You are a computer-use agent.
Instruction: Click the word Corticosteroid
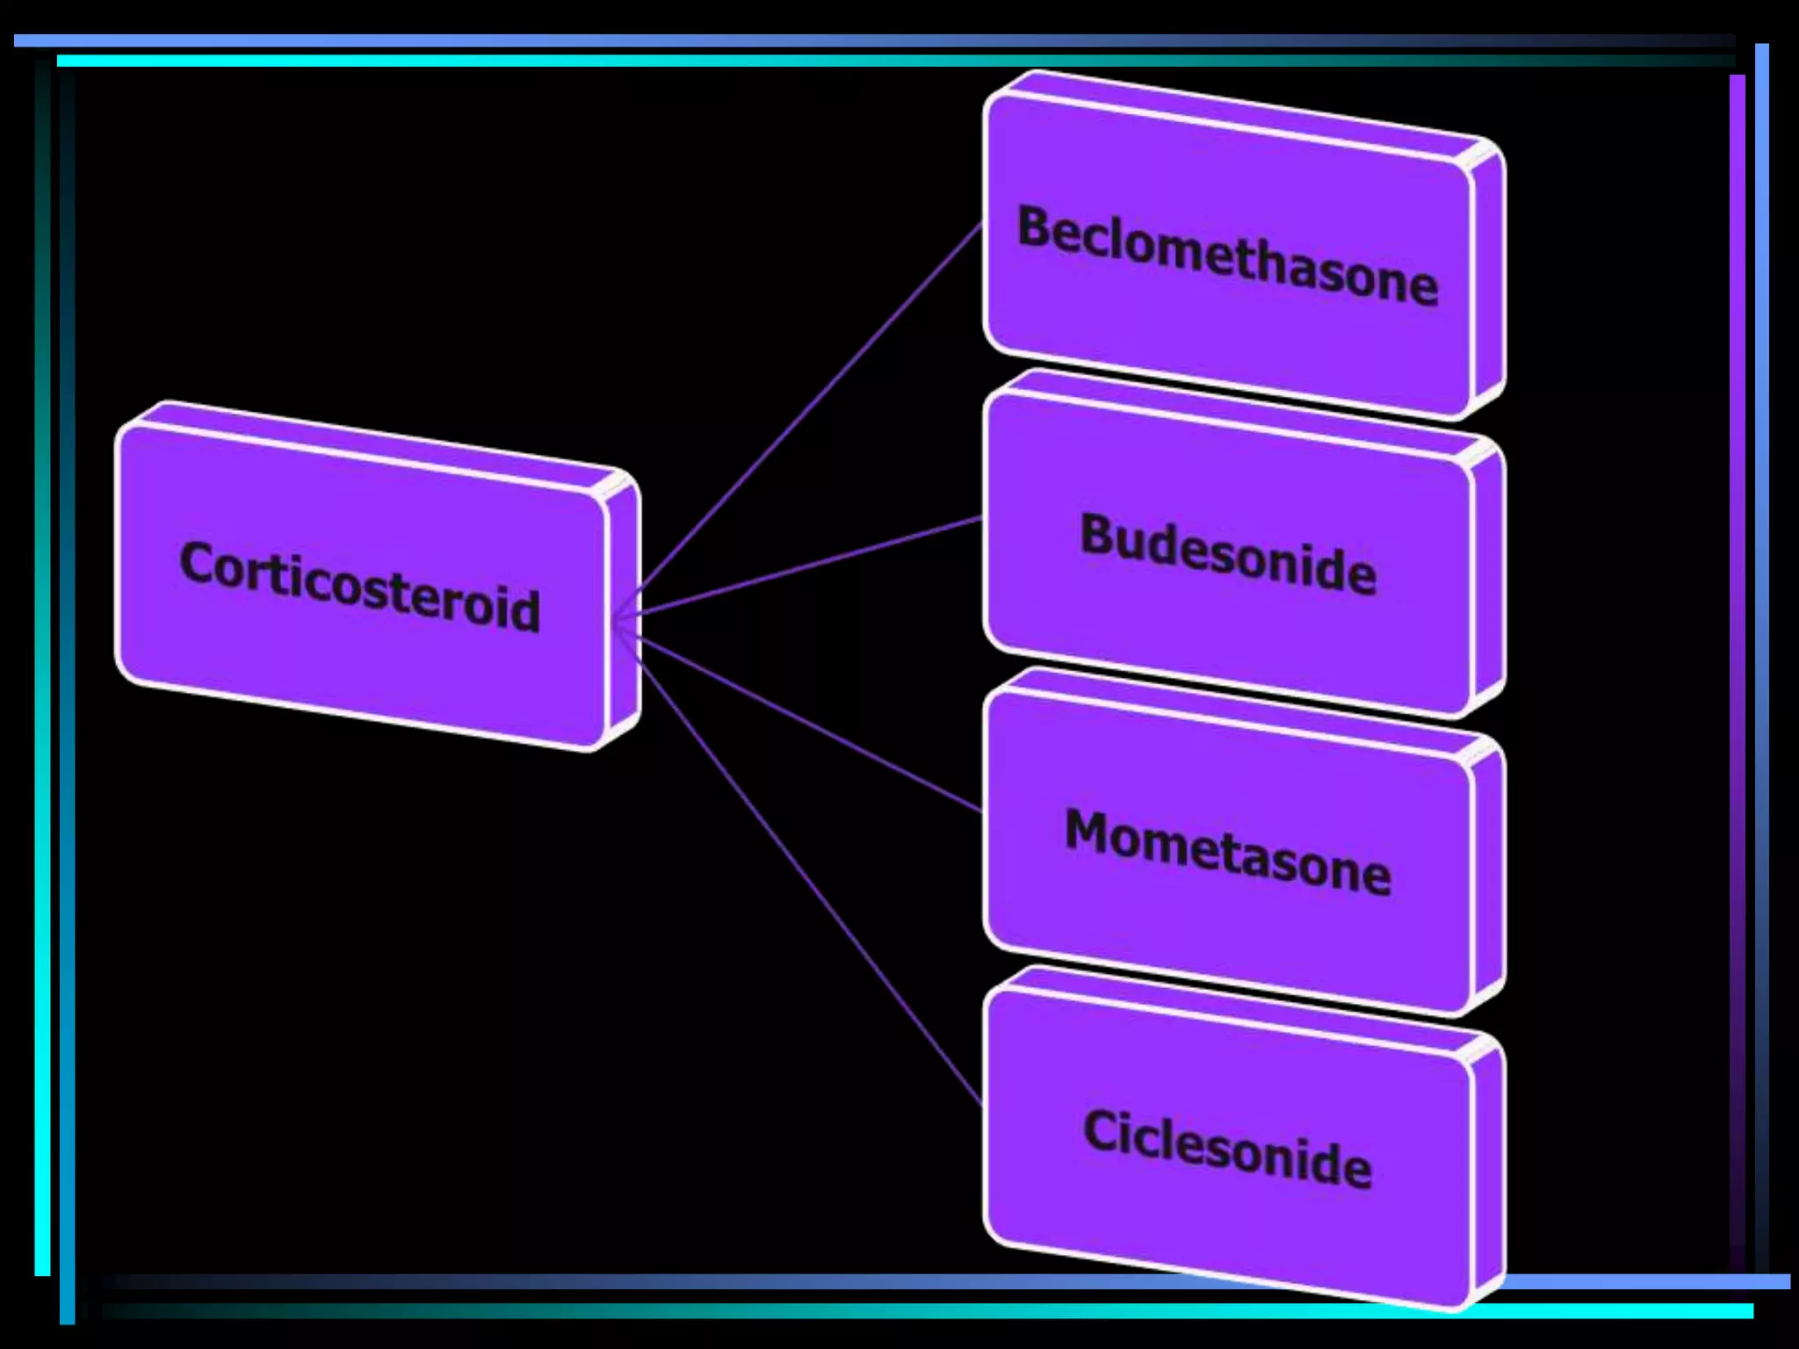click(x=359, y=586)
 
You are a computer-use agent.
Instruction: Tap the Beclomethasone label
click(x=1227, y=255)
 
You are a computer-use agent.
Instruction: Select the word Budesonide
click(x=1228, y=553)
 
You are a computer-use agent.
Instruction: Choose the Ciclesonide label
click(x=1227, y=1149)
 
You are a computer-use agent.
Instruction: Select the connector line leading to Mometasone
click(x=808, y=725)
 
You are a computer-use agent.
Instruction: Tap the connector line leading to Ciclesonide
click(x=808, y=878)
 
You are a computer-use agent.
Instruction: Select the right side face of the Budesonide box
click(x=1488, y=575)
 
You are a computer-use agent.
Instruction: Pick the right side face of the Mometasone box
click(x=1488, y=874)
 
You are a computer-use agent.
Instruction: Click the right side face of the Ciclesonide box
click(x=1488, y=1172)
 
